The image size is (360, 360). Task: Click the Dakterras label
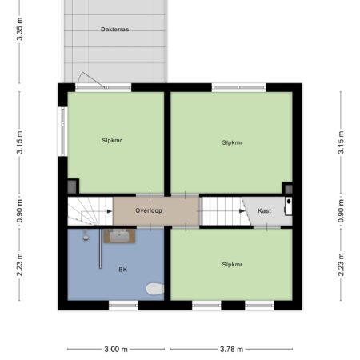click(115, 30)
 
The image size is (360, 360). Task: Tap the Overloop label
click(149, 210)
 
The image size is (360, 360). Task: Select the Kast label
click(264, 210)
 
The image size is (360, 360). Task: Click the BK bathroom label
click(122, 270)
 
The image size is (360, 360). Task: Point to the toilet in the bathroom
click(155, 289)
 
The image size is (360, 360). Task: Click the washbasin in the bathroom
click(119, 236)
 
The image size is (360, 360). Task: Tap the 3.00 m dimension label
click(116, 349)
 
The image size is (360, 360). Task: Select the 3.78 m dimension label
click(231, 349)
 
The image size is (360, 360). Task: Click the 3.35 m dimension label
click(19, 29)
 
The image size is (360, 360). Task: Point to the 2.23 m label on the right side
click(341, 265)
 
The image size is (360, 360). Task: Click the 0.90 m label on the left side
click(19, 210)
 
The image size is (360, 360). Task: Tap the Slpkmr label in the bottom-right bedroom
click(232, 264)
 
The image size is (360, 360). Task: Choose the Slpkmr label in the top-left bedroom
click(111, 140)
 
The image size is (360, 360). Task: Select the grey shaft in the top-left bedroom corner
click(72, 186)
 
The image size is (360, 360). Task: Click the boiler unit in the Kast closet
click(288, 206)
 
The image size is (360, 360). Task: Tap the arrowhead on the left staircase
click(110, 211)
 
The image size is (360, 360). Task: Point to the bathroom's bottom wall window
click(123, 305)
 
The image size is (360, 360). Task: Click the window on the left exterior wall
click(63, 131)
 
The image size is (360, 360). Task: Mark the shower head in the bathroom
click(86, 236)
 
